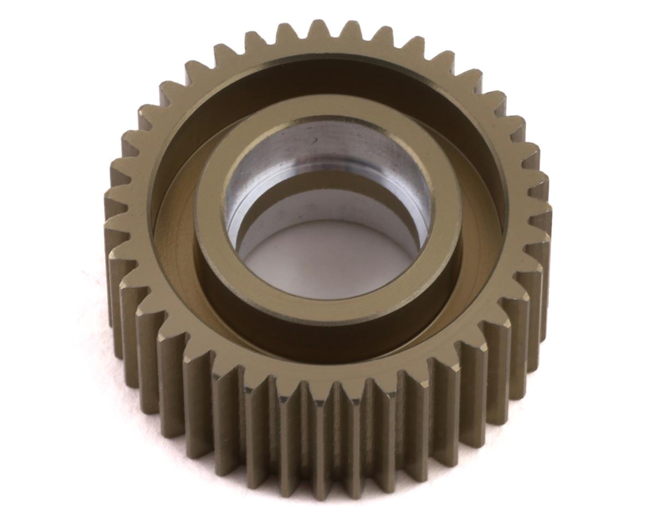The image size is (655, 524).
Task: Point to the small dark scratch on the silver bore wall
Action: (315, 141)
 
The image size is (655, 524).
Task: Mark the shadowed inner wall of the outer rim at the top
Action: (327, 76)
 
